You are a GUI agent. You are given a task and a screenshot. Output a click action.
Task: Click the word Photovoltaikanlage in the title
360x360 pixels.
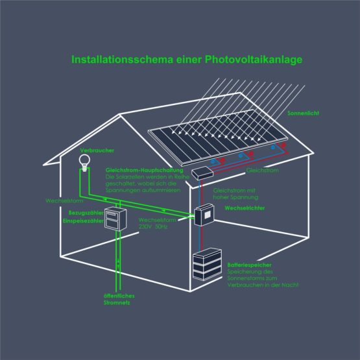(x=254, y=60)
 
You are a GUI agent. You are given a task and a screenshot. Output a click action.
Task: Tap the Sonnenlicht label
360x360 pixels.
(x=303, y=113)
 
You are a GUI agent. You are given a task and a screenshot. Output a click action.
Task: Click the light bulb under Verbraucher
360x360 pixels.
(x=84, y=163)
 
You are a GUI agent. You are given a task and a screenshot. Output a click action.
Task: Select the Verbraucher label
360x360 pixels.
(x=97, y=150)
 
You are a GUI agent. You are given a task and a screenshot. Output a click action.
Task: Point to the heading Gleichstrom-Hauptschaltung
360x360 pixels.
(x=145, y=171)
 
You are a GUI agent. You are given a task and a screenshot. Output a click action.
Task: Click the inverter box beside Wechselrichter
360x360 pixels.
(x=204, y=215)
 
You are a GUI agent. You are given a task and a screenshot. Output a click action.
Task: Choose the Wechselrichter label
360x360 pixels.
(x=245, y=208)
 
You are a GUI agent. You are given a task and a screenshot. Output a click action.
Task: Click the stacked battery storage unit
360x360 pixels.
(x=207, y=264)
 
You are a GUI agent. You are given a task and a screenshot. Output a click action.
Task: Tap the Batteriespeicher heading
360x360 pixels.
(x=249, y=265)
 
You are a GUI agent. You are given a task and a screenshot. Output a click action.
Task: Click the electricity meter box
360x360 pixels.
(x=115, y=219)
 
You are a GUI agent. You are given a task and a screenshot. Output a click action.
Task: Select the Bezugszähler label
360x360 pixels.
(x=86, y=213)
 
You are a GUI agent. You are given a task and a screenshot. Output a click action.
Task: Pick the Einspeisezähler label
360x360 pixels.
(x=83, y=221)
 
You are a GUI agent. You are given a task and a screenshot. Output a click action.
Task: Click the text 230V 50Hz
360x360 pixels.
(x=153, y=226)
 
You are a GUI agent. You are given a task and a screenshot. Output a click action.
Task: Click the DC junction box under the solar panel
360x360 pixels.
(x=202, y=173)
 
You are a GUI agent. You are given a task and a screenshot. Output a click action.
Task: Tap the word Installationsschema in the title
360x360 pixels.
(x=122, y=60)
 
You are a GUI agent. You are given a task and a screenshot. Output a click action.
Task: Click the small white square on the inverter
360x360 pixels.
(x=208, y=215)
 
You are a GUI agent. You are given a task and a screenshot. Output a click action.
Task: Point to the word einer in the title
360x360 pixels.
(x=189, y=60)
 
